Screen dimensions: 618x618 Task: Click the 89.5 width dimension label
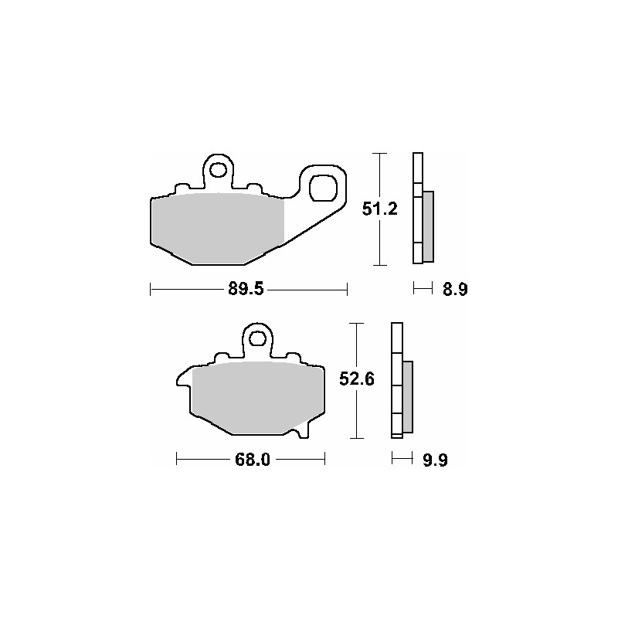246,289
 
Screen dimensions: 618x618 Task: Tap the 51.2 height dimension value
380,209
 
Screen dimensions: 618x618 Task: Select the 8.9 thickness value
455,290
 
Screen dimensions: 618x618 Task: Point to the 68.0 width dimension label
253,460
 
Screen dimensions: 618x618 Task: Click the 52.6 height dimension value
357,379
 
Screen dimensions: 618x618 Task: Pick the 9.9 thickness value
436,460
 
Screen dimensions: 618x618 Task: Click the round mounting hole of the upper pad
217,170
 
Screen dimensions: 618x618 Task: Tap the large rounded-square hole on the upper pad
323,188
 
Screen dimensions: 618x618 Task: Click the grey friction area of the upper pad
218,229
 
